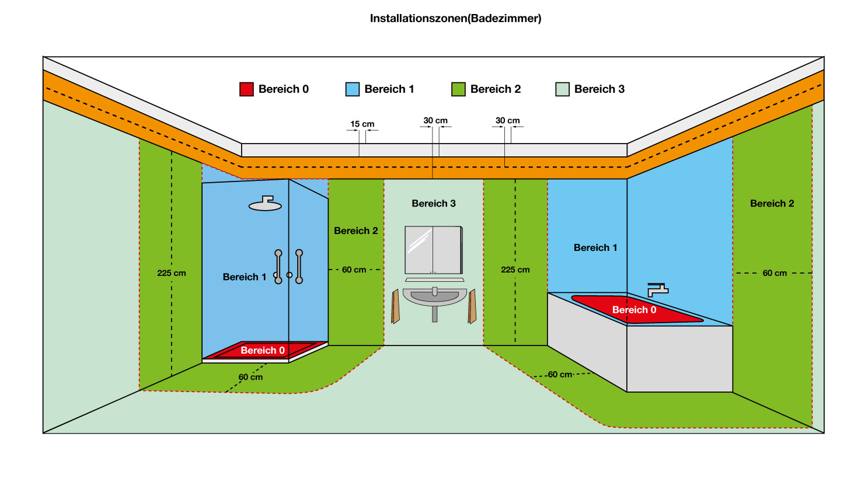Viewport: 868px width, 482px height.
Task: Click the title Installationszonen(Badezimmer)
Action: [455, 18]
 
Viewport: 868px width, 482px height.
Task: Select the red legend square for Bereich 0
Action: [246, 89]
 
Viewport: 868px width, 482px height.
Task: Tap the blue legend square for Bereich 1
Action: [353, 89]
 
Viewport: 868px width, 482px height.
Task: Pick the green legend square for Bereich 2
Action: [458, 89]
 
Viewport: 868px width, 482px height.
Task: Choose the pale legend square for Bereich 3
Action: [562, 89]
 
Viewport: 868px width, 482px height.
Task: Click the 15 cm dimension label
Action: [362, 124]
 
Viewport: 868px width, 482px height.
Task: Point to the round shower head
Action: [266, 204]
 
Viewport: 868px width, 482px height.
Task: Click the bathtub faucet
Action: [657, 289]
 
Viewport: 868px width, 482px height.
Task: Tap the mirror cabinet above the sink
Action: [434, 250]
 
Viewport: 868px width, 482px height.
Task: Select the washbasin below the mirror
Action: [435, 297]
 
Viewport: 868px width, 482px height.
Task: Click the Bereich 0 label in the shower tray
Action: [263, 350]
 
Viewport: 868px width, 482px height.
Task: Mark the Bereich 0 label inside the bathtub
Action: [634, 310]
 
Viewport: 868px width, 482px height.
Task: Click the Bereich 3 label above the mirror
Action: [434, 204]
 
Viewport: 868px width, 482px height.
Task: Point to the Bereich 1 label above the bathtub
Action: [595, 248]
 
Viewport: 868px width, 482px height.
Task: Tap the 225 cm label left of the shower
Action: [172, 273]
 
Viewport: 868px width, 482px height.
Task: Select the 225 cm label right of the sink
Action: [515, 270]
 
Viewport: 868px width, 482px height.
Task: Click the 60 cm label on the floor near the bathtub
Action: [560, 375]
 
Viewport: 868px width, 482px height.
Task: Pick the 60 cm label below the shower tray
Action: [250, 378]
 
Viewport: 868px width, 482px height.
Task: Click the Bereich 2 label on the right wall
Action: [772, 204]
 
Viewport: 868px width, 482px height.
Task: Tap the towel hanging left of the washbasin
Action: [396, 307]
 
